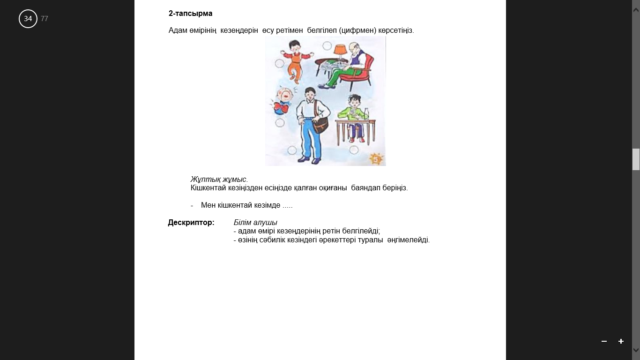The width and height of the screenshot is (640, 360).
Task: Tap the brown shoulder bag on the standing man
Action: click(x=320, y=124)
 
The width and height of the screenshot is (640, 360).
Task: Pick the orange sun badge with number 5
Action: click(x=376, y=159)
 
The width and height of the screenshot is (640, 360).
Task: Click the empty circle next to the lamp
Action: click(x=327, y=46)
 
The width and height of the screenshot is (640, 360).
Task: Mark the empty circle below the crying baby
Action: click(x=280, y=123)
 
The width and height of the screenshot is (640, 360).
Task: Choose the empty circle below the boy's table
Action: click(x=354, y=150)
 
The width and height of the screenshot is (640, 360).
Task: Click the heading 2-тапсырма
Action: click(x=190, y=13)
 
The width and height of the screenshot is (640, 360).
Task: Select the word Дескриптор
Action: click(x=191, y=223)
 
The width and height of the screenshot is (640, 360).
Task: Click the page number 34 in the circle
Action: click(x=28, y=19)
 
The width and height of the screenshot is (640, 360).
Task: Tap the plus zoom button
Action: click(x=621, y=341)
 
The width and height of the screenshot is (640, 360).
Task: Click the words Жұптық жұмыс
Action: click(x=219, y=180)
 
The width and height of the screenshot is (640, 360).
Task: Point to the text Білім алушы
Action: click(x=255, y=223)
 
